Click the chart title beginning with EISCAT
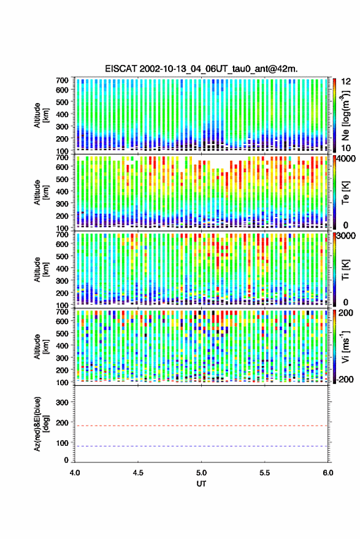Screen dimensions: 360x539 pos(202,69)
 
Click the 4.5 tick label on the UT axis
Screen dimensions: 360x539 pos(138,473)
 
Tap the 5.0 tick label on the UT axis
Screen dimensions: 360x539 pos(202,473)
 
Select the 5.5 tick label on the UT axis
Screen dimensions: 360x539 pos(265,473)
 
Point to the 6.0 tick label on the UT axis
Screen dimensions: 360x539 pos(328,473)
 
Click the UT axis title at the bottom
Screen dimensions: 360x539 pos(202,484)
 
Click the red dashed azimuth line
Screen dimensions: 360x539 pos(201,426)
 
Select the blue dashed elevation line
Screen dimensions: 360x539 pos(201,446)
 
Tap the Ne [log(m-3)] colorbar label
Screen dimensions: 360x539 pos(345,115)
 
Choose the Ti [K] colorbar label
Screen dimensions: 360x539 pos(345,270)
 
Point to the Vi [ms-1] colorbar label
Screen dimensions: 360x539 pos(345,346)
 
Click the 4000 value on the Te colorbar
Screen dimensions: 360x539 pos(347,159)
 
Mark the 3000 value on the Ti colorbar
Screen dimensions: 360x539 pos(347,236)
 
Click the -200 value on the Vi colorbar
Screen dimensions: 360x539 pos(345,380)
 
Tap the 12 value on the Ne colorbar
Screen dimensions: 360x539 pos(346,82)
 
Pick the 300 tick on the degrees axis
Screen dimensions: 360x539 pos(62,402)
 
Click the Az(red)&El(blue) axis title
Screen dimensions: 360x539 pos(41,424)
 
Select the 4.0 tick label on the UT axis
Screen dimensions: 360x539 pos(75,473)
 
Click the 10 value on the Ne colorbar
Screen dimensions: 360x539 pos(346,148)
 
